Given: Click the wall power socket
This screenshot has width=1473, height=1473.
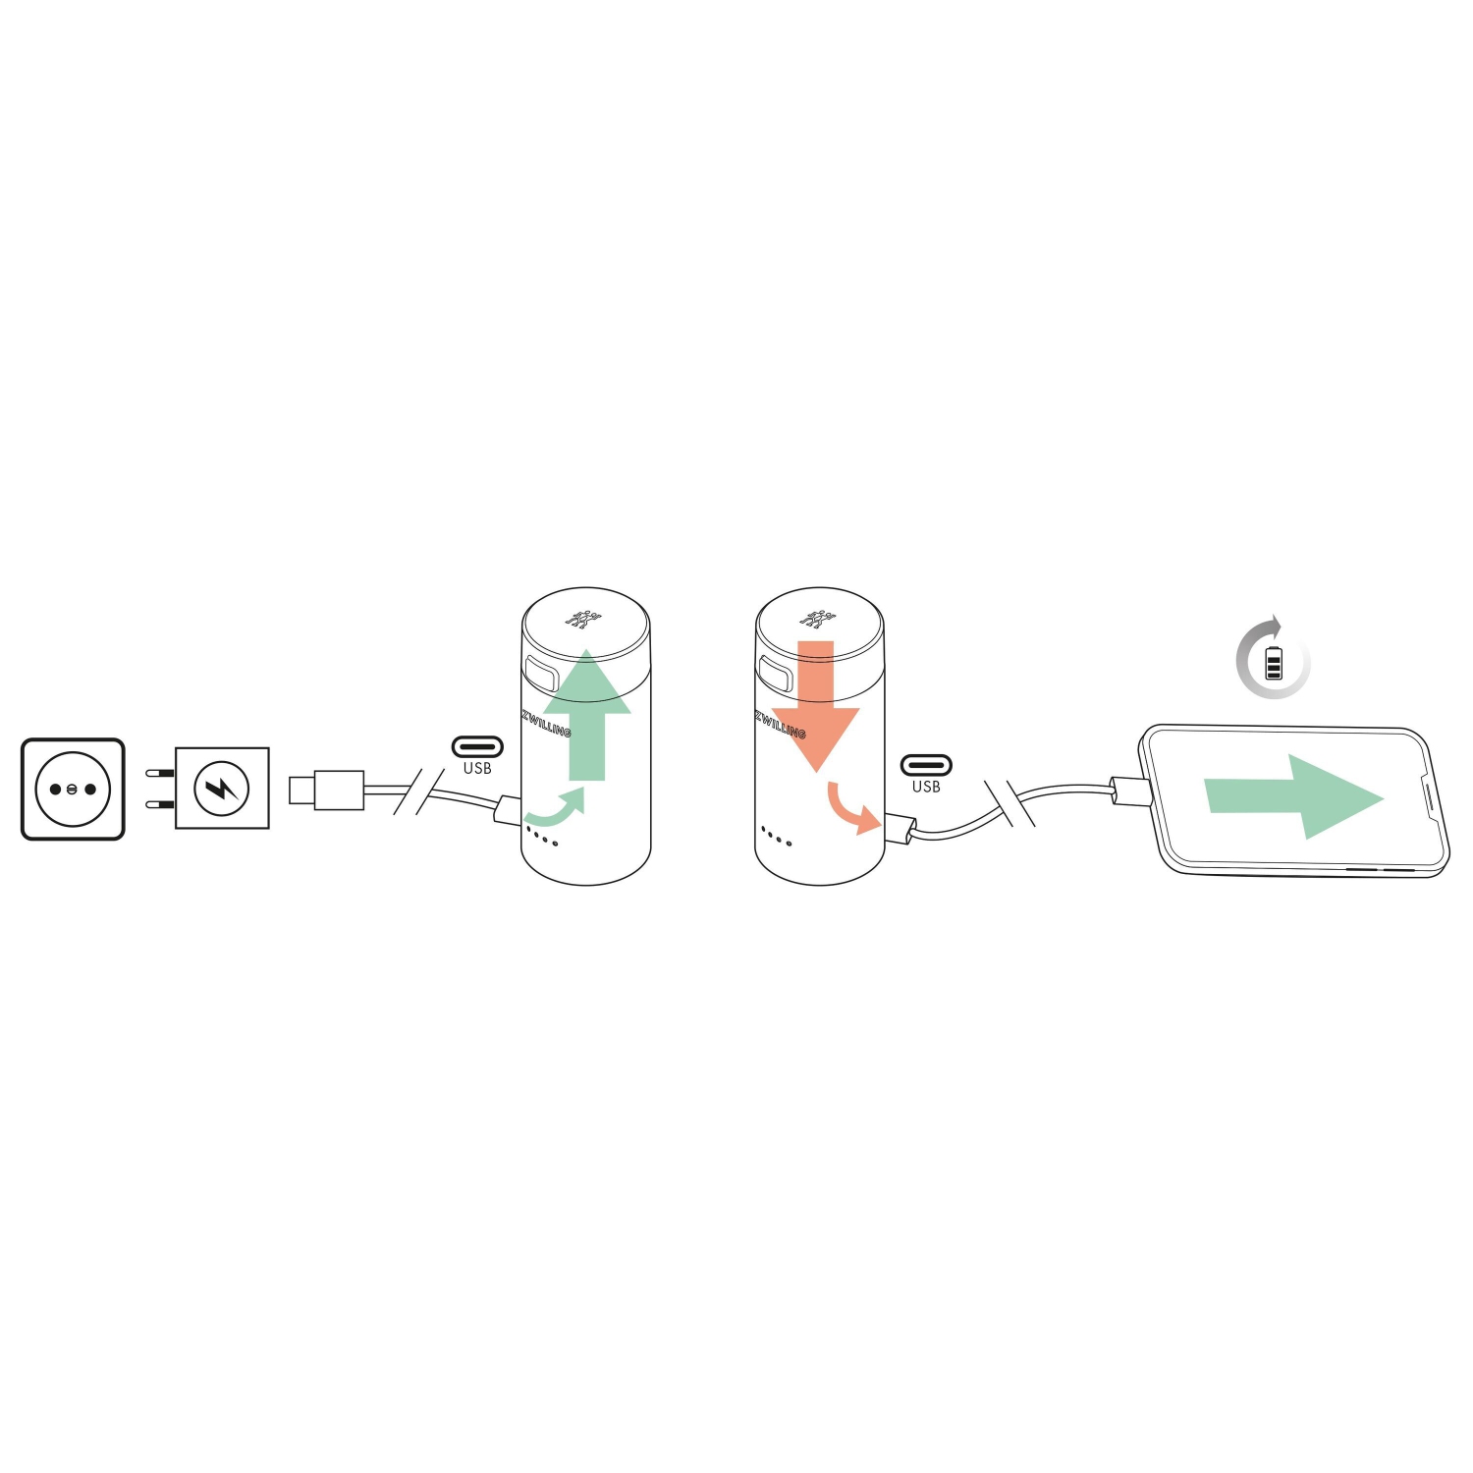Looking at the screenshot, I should click(73, 789).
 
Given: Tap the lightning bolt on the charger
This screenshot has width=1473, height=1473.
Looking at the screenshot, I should click(222, 788).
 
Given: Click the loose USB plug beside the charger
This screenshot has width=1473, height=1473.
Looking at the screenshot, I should click(327, 790).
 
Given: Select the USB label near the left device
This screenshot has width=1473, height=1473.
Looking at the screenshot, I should click(477, 769).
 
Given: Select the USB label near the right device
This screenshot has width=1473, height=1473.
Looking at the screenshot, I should click(926, 787).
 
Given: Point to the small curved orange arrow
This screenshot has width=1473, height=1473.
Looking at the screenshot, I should click(851, 808).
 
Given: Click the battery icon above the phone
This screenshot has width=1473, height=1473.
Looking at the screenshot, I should click(1274, 663).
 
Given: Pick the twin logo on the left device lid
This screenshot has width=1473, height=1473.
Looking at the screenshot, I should click(583, 620).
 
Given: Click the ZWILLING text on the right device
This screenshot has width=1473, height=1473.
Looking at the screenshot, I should click(781, 725).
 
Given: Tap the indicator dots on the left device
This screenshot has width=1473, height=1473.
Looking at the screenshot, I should click(542, 837).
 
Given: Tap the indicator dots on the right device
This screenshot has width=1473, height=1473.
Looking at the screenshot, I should click(776, 837).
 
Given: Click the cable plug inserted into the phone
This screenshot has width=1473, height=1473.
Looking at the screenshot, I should click(1130, 791).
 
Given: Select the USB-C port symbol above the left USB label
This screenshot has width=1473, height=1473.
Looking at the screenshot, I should click(477, 747).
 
